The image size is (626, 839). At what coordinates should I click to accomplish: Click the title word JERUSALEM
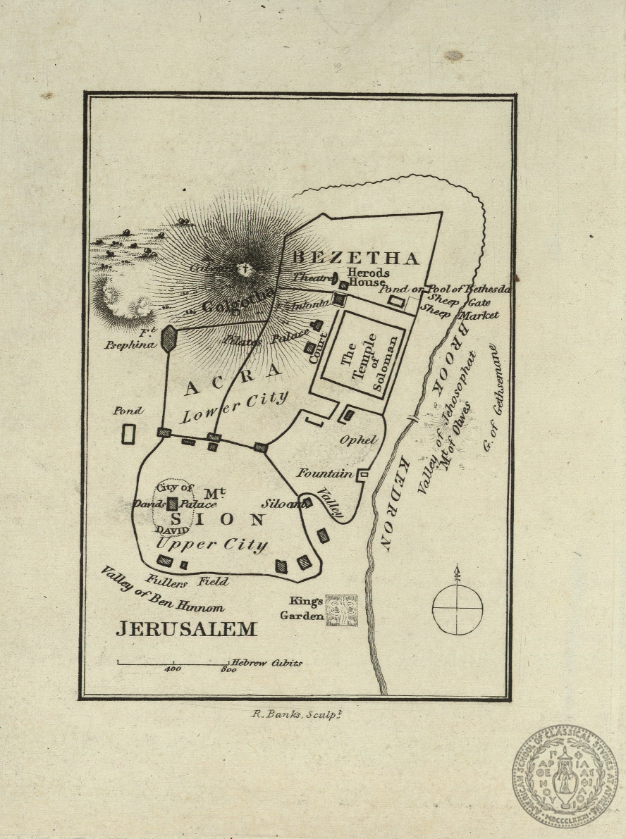[x=186, y=628]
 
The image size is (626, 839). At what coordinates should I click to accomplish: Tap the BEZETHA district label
[x=356, y=257]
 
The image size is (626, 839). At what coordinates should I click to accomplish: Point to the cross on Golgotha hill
[x=245, y=269]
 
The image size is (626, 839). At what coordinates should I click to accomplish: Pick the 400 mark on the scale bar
[x=173, y=669]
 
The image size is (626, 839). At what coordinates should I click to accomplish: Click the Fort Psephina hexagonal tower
[x=168, y=339]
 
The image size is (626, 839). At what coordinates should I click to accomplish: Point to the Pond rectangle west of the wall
[x=128, y=434]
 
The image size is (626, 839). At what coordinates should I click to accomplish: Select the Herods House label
[x=367, y=278]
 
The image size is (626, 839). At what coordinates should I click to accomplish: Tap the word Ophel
[x=359, y=440]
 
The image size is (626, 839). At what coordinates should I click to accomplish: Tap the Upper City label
[x=211, y=545]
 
